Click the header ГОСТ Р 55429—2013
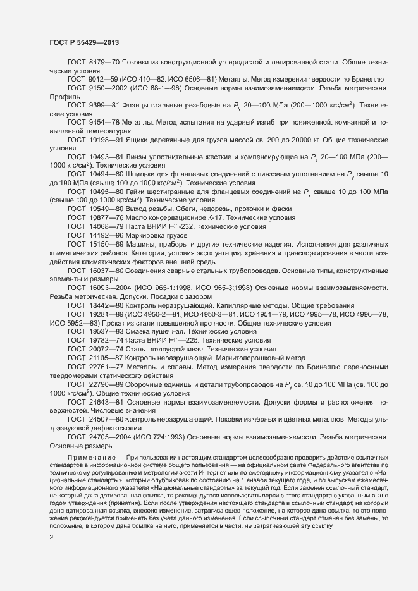pos(84,42)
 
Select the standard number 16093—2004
pos(108,286)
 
